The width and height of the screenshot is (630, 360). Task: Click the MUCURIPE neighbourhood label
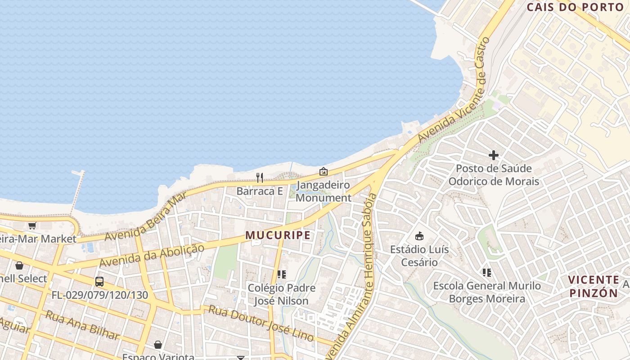[278, 235]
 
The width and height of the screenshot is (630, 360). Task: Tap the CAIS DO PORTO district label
[575, 7]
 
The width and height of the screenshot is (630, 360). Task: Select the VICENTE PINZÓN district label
[594, 286]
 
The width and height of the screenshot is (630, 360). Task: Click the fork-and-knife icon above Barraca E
[260, 178]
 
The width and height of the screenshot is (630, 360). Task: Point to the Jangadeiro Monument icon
[323, 171]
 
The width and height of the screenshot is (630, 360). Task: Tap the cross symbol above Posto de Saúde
[493, 155]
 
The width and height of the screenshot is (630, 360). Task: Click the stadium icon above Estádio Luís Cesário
[419, 236]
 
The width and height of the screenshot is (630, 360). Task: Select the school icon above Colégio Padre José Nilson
[282, 274]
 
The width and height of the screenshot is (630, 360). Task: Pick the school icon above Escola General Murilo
[486, 272]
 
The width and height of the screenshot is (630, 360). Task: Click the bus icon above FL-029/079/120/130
[99, 282]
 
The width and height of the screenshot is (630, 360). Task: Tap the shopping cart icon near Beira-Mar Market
[31, 225]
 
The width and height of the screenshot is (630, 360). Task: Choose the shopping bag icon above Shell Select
[19, 265]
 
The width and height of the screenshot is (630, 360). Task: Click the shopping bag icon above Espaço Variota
[158, 345]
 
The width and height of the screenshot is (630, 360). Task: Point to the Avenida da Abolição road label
[152, 255]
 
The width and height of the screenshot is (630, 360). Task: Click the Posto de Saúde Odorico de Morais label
[494, 175]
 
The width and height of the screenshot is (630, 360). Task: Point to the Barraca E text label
[260, 191]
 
